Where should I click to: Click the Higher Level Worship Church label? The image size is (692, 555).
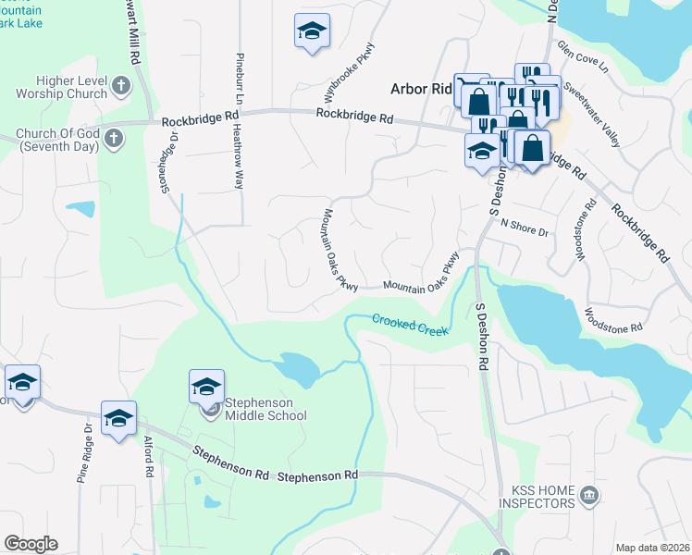[x=62, y=87]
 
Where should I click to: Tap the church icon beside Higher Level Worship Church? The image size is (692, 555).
[x=120, y=88]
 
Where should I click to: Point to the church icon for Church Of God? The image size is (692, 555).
[x=113, y=140]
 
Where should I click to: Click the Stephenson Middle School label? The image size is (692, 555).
[x=266, y=409]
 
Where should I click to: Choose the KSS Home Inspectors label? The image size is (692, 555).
[x=537, y=497]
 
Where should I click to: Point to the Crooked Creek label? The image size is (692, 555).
[x=410, y=325]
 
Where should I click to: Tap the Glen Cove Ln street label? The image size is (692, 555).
[x=583, y=57]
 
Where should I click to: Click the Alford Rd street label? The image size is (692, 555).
[x=148, y=457]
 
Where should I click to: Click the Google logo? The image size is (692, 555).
[x=31, y=544]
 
